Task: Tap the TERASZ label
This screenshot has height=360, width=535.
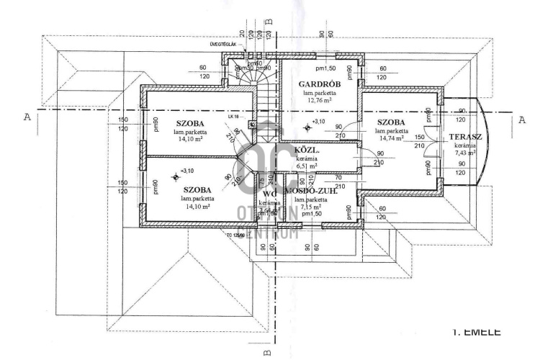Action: coord(461,137)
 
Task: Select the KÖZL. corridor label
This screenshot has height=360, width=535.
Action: coord(307,150)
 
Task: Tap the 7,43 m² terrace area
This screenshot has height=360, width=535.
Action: coord(464,153)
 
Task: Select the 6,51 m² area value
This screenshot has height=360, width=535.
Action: coord(307,166)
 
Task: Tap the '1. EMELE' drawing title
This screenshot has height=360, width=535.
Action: coord(477,332)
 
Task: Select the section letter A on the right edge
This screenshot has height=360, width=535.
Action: coord(522,120)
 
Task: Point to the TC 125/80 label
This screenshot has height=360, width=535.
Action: coord(234,235)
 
